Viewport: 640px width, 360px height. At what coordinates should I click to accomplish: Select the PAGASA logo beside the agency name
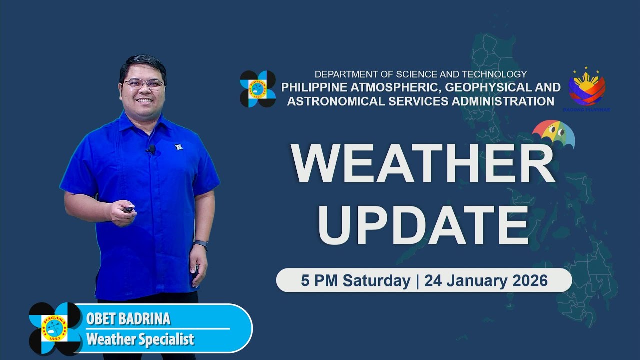pos(257,89)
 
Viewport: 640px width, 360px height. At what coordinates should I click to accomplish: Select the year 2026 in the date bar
pos(530,281)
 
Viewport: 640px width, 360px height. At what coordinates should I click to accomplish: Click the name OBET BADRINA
pos(128,319)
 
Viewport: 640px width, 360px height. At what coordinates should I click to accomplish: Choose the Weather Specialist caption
pos(140,340)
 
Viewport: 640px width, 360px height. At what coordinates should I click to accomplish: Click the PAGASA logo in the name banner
pos(55,328)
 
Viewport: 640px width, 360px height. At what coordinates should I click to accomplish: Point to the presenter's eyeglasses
pos(143,84)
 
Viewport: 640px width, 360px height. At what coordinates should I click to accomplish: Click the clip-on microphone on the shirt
pos(151,149)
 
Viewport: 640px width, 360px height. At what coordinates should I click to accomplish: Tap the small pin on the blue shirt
pos(178,147)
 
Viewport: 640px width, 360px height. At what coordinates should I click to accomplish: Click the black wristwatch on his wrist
pos(200,245)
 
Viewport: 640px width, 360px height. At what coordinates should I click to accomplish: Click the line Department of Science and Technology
pos(420,74)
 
